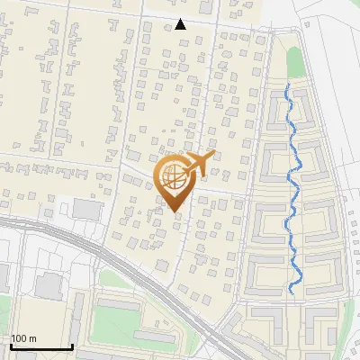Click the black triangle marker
coord(181,24)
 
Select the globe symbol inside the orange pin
coord(175,178)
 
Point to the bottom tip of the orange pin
coord(175,212)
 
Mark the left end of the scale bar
coord(10,346)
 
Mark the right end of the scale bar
coord(72,346)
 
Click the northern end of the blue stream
coord(287,86)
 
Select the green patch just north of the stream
coord(293,61)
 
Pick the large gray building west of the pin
coord(87,210)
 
